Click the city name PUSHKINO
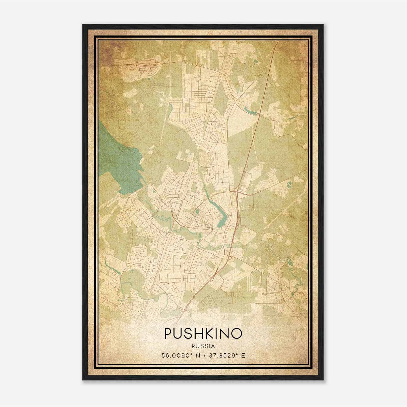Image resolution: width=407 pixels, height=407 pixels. [203, 333]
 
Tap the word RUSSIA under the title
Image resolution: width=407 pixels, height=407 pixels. [203, 346]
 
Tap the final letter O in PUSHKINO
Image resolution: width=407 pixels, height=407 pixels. [236, 333]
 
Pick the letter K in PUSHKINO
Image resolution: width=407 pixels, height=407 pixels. [206, 333]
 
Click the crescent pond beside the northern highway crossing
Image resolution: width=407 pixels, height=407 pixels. [251, 111]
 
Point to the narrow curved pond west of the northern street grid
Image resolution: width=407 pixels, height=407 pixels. [169, 107]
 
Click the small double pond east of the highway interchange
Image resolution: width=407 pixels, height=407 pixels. [289, 183]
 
